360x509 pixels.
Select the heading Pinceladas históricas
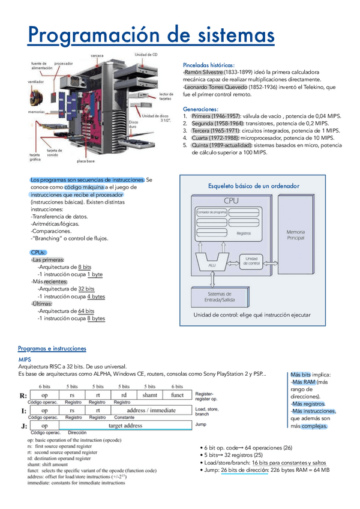click(x=208, y=65)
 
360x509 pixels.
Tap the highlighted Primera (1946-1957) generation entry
click(x=216, y=116)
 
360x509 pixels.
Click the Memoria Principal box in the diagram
click(x=295, y=235)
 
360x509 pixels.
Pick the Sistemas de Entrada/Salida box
click(x=220, y=296)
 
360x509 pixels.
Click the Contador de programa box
click(x=212, y=212)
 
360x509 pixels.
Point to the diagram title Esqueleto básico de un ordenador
click(x=253, y=186)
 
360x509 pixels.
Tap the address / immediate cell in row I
click(x=151, y=410)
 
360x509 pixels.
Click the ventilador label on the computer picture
click(x=35, y=81)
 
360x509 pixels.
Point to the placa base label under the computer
click(x=86, y=161)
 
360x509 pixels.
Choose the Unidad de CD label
click(x=146, y=55)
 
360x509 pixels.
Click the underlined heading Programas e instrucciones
click(x=52, y=348)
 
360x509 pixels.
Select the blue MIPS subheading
click(x=25, y=358)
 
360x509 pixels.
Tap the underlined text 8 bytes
click(x=96, y=319)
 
